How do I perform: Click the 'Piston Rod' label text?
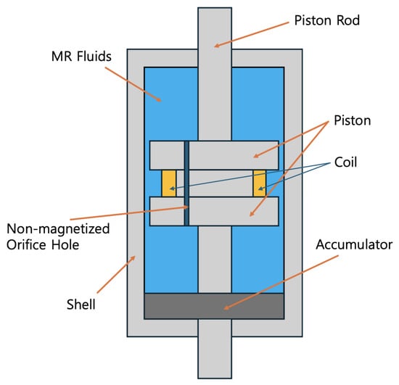[x=326, y=20]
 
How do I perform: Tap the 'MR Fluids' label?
[x=81, y=57]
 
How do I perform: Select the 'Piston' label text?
[x=352, y=120]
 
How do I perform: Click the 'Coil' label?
[x=345, y=162]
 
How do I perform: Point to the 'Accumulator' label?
[x=354, y=244]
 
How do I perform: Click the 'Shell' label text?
[x=81, y=304]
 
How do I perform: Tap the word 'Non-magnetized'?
[x=58, y=228]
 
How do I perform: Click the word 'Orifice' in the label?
[x=26, y=244]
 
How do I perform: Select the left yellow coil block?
[x=169, y=183]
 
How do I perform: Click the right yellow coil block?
[x=260, y=183]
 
